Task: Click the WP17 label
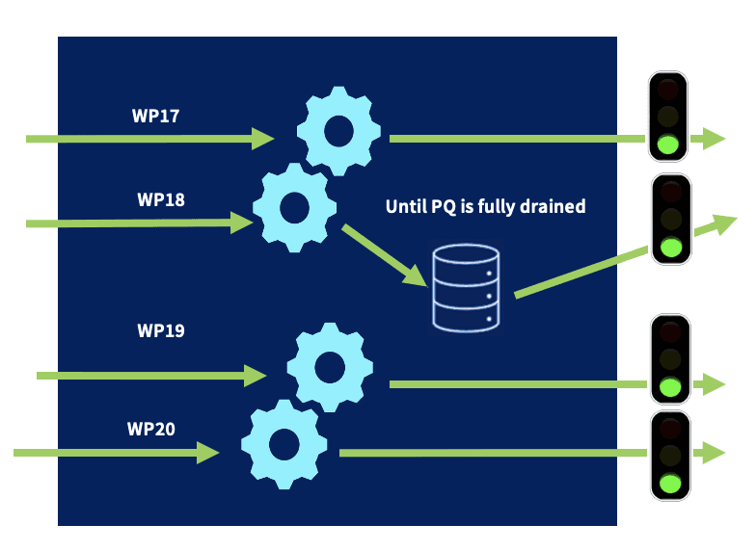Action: [x=155, y=116]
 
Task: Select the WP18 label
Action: [x=161, y=200]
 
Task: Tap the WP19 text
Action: [x=161, y=330]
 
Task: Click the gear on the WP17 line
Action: [x=337, y=131]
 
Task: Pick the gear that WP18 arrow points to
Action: [x=294, y=206]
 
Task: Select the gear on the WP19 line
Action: [x=330, y=367]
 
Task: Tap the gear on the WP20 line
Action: [x=283, y=444]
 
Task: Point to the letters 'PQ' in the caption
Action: [x=446, y=206]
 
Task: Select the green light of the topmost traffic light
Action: [x=667, y=145]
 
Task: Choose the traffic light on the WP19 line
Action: [x=669, y=358]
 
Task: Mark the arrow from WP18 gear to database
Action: [x=386, y=256]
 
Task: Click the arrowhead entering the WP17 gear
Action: [x=263, y=139]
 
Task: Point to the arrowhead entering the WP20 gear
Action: [x=208, y=451]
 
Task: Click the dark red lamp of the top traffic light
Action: [x=667, y=92]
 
